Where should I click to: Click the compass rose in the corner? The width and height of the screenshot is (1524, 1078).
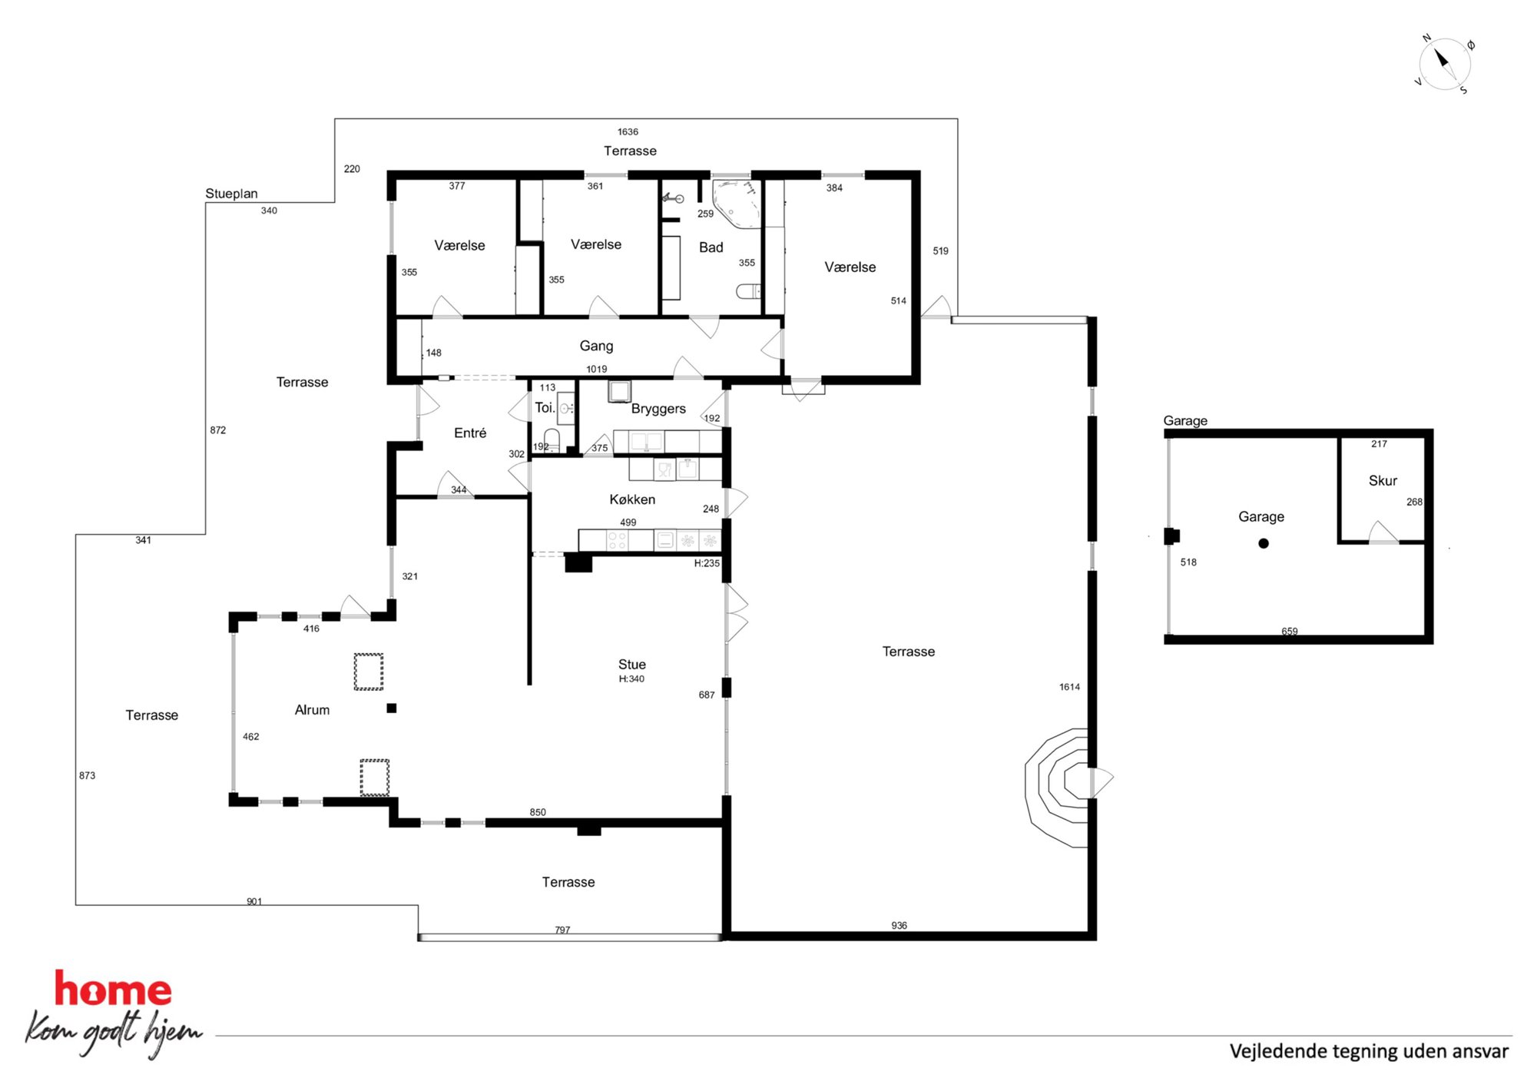[x=1444, y=64]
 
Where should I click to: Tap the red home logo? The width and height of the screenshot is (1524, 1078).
[x=113, y=989]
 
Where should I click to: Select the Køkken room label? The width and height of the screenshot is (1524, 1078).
[x=632, y=499]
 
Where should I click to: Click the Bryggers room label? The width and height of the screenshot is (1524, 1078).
[x=658, y=409]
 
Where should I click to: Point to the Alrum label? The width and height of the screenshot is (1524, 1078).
[x=312, y=710]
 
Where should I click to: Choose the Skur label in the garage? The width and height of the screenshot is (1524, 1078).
[x=1383, y=480]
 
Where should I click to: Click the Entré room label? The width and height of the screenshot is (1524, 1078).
[x=470, y=433]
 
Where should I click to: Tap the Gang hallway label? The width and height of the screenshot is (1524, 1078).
[x=596, y=347]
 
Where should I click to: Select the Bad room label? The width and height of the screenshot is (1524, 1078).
[x=711, y=247]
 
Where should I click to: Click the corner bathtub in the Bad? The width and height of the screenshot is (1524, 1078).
[x=736, y=204]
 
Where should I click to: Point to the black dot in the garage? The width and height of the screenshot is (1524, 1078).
[x=1264, y=543]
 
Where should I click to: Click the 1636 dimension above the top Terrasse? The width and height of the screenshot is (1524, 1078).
[x=628, y=132]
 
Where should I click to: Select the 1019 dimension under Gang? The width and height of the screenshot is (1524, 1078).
[x=597, y=370]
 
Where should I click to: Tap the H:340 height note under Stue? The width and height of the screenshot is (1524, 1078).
[x=631, y=679]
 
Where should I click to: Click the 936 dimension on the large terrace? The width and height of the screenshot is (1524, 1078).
[x=899, y=926]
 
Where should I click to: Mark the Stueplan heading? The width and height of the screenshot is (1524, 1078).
[x=231, y=194]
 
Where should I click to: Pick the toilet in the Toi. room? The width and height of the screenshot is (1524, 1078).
[x=552, y=439]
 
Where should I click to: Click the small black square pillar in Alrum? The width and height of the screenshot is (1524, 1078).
[x=392, y=708]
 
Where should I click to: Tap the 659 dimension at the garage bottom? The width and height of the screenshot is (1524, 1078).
[x=1290, y=632]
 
